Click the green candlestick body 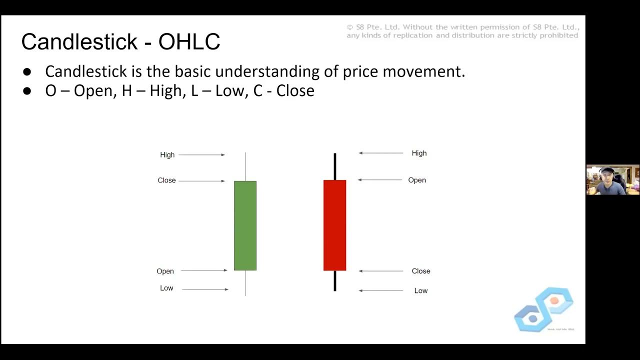245,225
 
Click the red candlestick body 334,225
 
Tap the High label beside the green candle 167,155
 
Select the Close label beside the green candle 166,180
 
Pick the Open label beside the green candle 165,271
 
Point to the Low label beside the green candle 166,288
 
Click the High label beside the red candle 419,153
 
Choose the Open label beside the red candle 417,180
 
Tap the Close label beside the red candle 420,271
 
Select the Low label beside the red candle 420,290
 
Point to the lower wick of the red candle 334,281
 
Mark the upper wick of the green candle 245,166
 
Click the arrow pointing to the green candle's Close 201,181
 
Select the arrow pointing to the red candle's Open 380,180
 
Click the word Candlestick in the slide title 78,42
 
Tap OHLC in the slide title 189,42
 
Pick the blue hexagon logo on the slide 543,309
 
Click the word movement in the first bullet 423,71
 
